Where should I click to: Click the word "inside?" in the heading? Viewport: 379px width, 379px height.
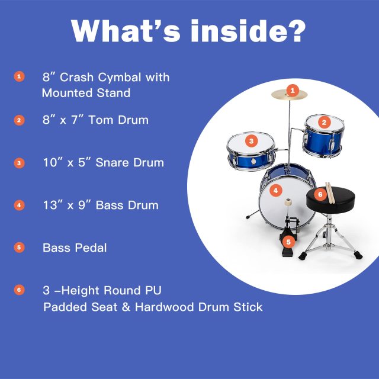point(249,30)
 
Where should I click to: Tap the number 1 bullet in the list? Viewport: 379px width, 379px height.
point(20,77)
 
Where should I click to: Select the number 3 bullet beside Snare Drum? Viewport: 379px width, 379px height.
point(20,163)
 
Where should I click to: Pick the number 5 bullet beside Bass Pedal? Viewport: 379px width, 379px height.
point(20,248)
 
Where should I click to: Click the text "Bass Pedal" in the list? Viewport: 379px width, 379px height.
point(75,248)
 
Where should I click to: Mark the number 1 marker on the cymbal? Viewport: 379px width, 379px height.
point(291,90)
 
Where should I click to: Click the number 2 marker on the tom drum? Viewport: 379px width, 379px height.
point(324,123)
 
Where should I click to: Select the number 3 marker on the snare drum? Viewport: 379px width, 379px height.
point(252,141)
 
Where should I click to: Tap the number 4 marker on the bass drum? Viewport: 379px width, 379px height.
point(275,191)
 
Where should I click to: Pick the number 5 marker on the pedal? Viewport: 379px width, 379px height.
point(288,242)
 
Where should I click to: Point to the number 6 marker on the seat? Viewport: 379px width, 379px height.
point(319,194)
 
